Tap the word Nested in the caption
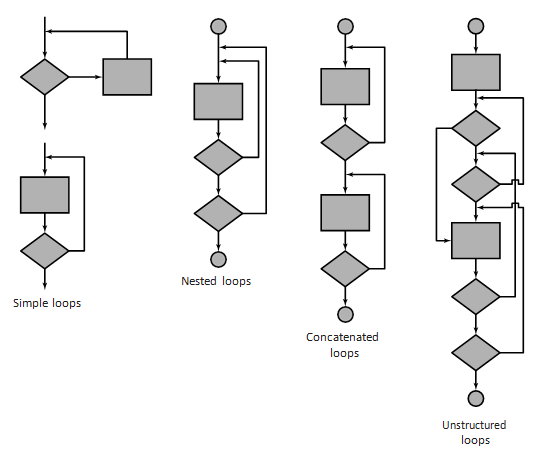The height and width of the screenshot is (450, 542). (199, 281)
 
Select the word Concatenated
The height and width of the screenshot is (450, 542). (342, 337)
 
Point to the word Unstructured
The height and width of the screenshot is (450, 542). (474, 425)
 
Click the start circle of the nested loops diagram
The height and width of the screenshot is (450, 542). (218, 26)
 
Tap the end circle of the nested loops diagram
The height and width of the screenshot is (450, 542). (218, 259)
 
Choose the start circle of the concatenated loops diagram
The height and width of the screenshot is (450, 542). (345, 26)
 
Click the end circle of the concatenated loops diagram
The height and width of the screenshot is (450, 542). (345, 315)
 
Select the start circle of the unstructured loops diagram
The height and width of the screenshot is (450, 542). (476, 26)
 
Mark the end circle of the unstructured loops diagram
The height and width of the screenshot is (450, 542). (476, 399)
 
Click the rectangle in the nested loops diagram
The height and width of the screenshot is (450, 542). (218, 102)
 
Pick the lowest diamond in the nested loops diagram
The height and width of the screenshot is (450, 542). (218, 214)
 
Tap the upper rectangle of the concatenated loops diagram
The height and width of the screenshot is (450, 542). (345, 87)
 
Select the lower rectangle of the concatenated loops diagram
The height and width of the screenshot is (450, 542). (345, 213)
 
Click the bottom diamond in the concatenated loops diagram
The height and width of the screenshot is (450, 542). (345, 269)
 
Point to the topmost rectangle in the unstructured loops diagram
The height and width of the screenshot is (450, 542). (476, 73)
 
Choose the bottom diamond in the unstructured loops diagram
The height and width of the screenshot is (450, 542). (476, 353)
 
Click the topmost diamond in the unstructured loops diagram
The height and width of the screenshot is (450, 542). (476, 128)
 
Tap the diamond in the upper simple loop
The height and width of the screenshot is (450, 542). (45, 77)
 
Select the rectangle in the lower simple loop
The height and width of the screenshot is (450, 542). (45, 195)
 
